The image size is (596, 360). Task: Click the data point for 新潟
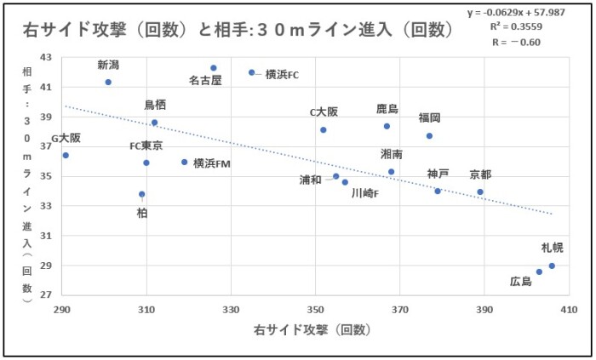coord(108,83)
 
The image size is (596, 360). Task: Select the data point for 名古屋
coord(214,68)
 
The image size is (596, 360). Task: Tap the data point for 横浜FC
coord(252,72)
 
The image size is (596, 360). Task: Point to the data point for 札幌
coord(552,266)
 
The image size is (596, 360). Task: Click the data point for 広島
coord(539,271)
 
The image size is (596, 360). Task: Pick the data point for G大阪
coord(66,155)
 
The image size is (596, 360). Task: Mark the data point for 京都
coord(480,191)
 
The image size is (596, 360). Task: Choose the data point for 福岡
coord(429,135)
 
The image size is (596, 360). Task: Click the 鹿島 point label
coord(387,109)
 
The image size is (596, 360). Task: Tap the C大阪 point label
coord(324,112)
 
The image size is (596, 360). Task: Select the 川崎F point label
coord(365,193)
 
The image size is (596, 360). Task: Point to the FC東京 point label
coord(146,146)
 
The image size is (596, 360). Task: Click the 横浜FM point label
coord(211,163)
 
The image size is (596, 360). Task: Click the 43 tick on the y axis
coord(46,57)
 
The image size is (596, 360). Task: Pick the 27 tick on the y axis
coord(46,294)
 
